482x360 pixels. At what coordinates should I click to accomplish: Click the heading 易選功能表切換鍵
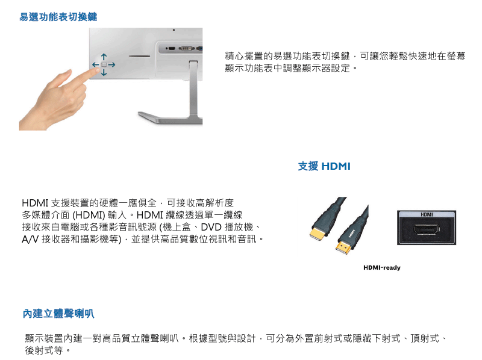(x=58, y=17)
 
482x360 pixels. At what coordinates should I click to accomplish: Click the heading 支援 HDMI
(x=324, y=166)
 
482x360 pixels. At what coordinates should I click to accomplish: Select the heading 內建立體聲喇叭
(x=58, y=314)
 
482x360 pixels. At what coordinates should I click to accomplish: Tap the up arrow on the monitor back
(x=104, y=57)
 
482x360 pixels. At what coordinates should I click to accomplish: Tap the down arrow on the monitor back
(x=104, y=72)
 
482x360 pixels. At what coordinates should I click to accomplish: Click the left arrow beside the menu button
(x=96, y=65)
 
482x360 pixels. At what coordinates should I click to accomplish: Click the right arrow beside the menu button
(x=111, y=65)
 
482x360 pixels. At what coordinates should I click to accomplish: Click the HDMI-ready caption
(x=382, y=267)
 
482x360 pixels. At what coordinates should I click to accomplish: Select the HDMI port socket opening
(x=427, y=229)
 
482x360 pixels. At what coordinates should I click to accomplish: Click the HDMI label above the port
(x=427, y=214)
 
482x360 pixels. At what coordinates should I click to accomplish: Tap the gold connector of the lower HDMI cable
(x=344, y=247)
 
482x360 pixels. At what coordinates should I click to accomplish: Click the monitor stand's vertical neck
(x=193, y=89)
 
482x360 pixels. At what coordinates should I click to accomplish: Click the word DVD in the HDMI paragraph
(x=211, y=227)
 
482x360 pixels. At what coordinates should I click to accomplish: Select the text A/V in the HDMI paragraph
(x=30, y=239)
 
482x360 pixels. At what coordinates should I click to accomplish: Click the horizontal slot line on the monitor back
(x=140, y=56)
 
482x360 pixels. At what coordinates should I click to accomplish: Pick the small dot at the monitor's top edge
(x=174, y=30)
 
